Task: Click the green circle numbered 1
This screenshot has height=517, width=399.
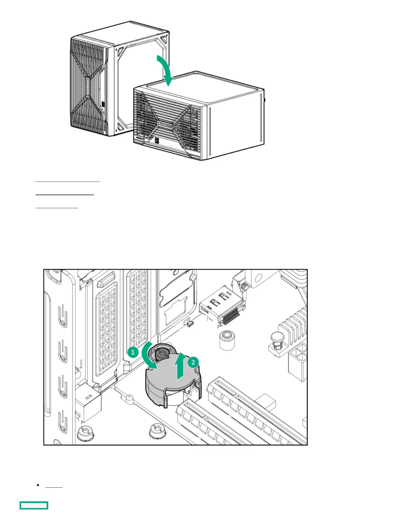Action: pyautogui.click(x=133, y=352)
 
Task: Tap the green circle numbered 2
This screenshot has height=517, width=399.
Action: pyautogui.click(x=193, y=362)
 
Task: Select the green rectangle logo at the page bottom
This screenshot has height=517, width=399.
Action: pyautogui.click(x=34, y=505)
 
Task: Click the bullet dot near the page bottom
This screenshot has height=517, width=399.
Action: pyautogui.click(x=38, y=485)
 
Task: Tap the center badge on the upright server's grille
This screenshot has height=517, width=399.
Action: pyautogui.click(x=87, y=87)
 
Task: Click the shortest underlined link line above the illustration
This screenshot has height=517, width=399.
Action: pyautogui.click(x=57, y=207)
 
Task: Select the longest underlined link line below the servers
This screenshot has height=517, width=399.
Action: pyautogui.click(x=67, y=181)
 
